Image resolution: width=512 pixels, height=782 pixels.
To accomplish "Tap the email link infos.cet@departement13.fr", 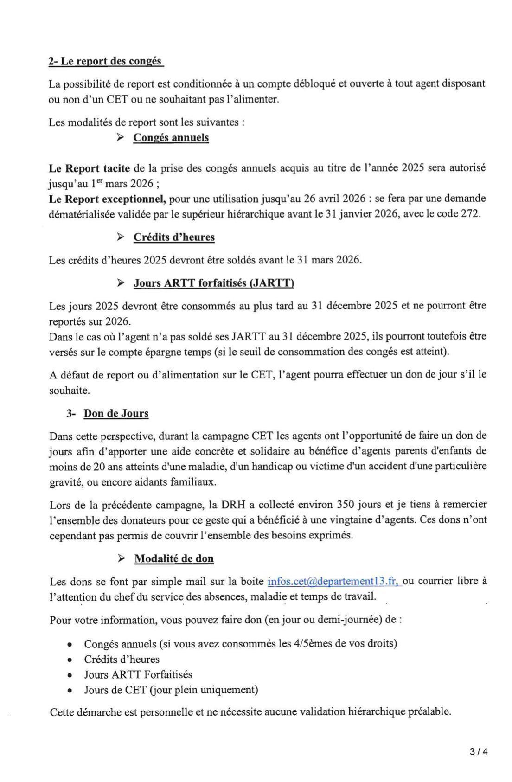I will (333, 581).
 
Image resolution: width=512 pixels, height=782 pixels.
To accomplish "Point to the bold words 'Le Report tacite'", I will (90, 167).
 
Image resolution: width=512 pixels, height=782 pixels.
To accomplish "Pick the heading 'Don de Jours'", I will (116, 413).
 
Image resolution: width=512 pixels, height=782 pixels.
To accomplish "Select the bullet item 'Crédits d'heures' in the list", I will (122, 659).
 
